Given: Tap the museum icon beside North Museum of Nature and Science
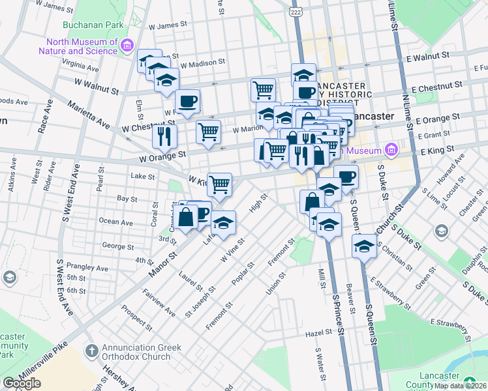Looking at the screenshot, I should pos(127,45).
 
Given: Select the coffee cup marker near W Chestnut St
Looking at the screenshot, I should pos(187,102).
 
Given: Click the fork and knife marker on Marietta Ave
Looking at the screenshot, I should pos(164,136).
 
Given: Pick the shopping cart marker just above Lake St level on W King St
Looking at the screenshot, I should pos(219,184).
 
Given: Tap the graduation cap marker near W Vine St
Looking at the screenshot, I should pos(223,224).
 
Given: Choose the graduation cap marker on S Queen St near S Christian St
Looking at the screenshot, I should pos(364,246).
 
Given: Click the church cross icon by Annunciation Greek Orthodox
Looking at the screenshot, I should pos(91,352).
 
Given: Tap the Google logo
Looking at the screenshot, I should pos(22,383).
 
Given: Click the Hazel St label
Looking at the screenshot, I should pos(319,332).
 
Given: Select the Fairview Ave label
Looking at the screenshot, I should pos(159,302).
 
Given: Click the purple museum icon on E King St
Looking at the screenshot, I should pos(391,151).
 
